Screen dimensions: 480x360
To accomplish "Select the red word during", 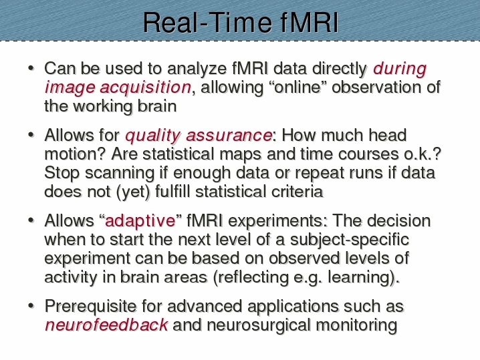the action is [400, 69].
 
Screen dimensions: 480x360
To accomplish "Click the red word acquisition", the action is [146, 87].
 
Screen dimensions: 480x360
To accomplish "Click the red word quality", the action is [152, 136].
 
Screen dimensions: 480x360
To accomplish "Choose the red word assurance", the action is [229, 135].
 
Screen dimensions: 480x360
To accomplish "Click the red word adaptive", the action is [140, 221].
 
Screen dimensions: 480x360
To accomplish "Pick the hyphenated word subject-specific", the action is [349, 240].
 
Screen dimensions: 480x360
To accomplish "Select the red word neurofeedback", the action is [106, 325].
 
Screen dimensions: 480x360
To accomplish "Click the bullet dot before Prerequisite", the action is [31, 306].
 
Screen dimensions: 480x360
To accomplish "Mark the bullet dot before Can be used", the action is [31, 68].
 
